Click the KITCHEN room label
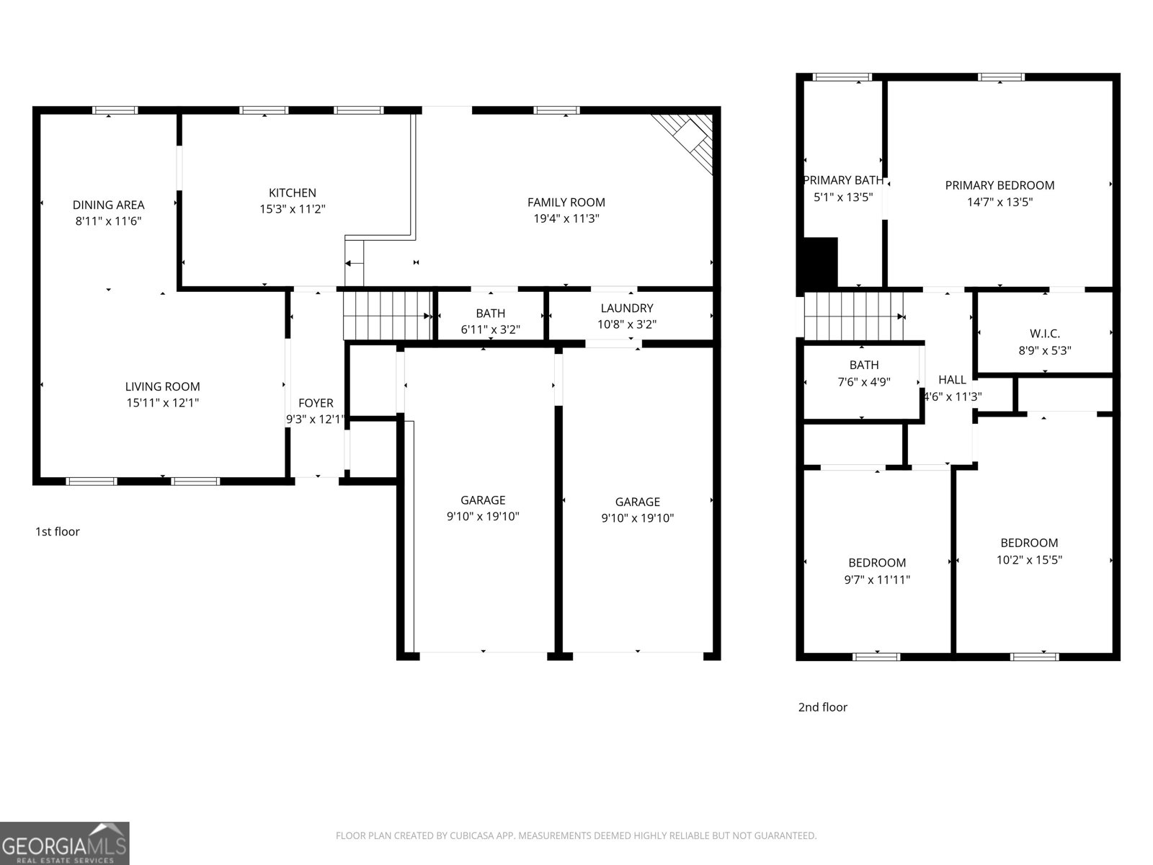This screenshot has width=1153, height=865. (x=292, y=192)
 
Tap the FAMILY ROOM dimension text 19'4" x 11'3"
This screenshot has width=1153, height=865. (x=566, y=218)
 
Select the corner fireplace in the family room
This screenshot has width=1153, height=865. (x=689, y=140)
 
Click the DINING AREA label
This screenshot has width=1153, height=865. (x=108, y=205)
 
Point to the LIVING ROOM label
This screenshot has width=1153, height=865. (x=162, y=386)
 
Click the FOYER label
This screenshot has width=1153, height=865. (x=316, y=403)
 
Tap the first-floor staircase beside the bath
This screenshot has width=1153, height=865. (x=386, y=315)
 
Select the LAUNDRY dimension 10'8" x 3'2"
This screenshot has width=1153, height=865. (x=626, y=324)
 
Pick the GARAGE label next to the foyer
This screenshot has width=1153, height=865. (x=483, y=500)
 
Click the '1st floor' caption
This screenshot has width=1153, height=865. (x=58, y=531)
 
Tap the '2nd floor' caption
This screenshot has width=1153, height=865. (x=822, y=707)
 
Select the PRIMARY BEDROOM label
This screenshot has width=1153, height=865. (x=1000, y=185)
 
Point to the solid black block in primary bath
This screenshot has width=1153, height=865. (x=820, y=262)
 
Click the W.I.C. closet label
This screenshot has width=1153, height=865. (x=1044, y=334)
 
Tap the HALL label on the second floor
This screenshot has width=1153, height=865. (x=952, y=380)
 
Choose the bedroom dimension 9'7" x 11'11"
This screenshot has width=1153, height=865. (x=877, y=580)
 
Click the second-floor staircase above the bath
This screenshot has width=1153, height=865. (x=854, y=316)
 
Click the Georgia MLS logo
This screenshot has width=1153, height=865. (x=65, y=843)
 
